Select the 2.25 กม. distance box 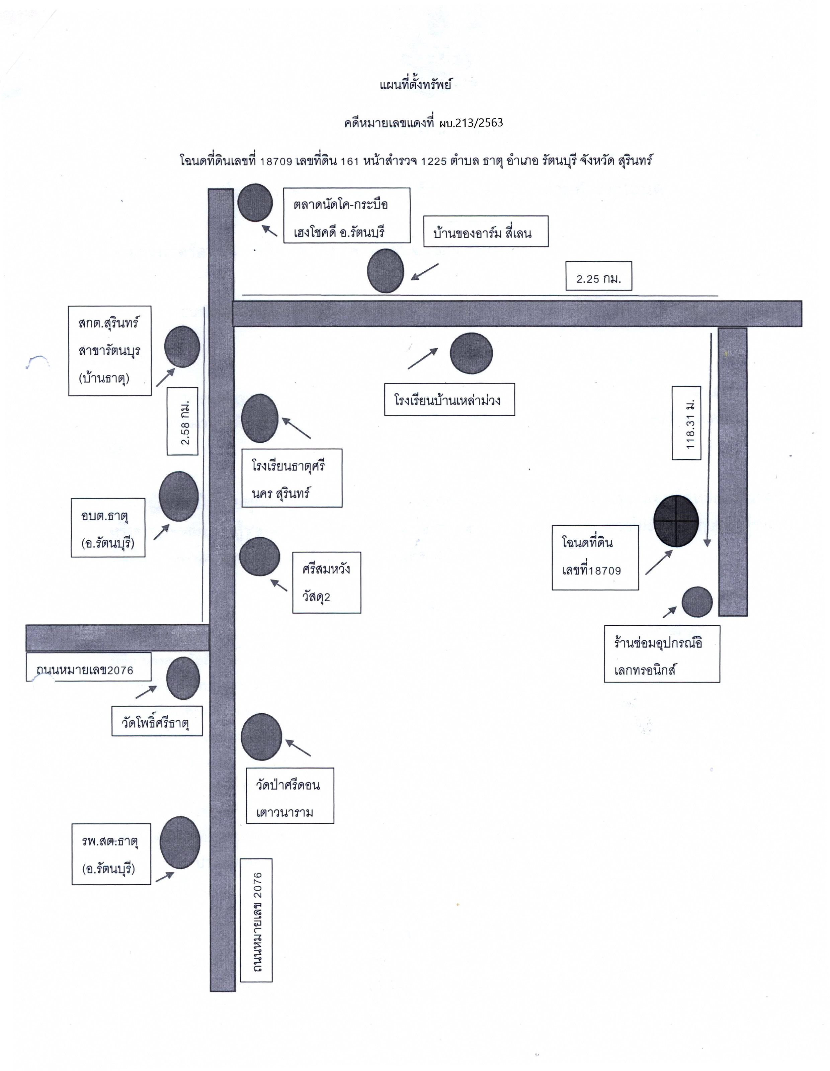(x=598, y=276)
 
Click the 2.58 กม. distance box (x=182, y=421)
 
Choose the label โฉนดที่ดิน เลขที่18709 (x=595, y=557)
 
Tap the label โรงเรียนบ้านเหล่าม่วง (x=449, y=400)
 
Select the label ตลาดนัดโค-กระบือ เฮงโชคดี (x=347, y=215)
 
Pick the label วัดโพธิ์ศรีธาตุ (x=157, y=721)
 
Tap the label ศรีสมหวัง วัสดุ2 (x=327, y=583)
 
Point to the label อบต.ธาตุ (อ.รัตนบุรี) (x=108, y=528)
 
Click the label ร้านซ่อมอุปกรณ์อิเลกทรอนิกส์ (x=662, y=654)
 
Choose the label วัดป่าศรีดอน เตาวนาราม (x=290, y=795)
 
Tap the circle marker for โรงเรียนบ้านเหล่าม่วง (x=471, y=353)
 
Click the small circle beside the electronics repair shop (x=697, y=602)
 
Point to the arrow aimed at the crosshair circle (x=659, y=562)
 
